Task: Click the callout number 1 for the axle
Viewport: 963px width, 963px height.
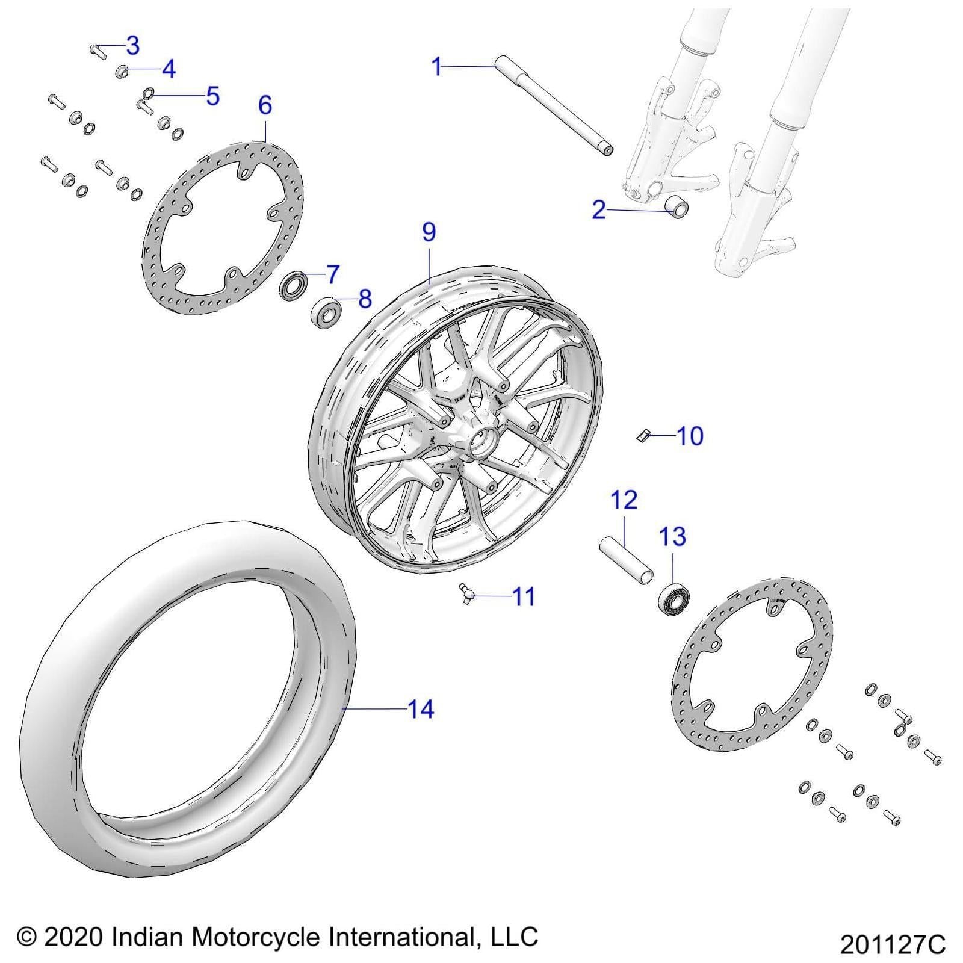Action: (x=438, y=66)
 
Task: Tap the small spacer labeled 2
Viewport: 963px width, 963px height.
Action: (x=676, y=208)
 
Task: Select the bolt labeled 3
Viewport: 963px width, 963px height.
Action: (x=98, y=51)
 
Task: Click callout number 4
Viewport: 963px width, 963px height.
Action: (x=169, y=69)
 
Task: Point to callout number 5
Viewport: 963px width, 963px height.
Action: (x=212, y=96)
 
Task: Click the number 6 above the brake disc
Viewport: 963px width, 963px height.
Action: (x=265, y=105)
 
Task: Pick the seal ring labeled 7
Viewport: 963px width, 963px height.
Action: (x=294, y=285)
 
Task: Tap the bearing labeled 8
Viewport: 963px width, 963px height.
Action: (x=326, y=312)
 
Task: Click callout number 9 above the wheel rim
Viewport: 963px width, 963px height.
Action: (x=429, y=232)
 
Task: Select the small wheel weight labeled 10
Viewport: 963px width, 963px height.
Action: (x=643, y=435)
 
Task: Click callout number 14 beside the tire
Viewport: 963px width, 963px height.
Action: (x=421, y=710)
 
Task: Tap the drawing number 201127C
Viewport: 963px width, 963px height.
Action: (x=893, y=944)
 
